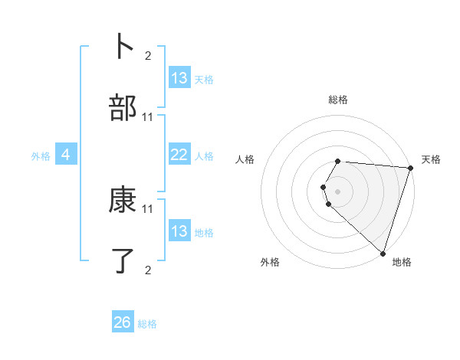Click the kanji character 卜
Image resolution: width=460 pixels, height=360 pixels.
click(x=123, y=46)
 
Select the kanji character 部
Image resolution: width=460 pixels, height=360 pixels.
click(x=123, y=109)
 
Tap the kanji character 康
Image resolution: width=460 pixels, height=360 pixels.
click(x=123, y=201)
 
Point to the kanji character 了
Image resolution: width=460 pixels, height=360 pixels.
click(x=123, y=261)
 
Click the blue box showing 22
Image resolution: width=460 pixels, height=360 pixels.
click(x=179, y=155)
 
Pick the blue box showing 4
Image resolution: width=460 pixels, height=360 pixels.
click(x=66, y=155)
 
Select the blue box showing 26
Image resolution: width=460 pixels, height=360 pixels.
click(x=123, y=322)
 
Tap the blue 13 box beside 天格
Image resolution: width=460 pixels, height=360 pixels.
click(x=179, y=78)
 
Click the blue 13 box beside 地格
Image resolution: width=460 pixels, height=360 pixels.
click(x=179, y=231)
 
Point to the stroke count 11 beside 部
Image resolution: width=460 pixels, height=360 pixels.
click(x=148, y=117)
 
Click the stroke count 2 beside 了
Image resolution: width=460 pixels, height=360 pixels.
click(x=148, y=270)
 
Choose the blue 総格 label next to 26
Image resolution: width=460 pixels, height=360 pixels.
click(x=147, y=324)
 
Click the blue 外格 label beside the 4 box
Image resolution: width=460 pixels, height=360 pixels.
click(x=41, y=155)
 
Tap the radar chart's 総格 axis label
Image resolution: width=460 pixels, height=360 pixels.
click(x=338, y=100)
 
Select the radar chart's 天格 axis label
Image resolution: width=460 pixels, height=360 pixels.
click(x=431, y=159)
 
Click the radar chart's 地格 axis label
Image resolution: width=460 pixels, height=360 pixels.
click(x=402, y=262)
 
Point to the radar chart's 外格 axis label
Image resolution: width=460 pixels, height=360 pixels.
click(x=270, y=262)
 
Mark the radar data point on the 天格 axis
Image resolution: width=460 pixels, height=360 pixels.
click(x=410, y=168)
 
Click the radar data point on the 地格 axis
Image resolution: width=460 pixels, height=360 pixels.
click(x=383, y=253)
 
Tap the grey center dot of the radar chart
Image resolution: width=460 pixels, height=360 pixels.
click(x=338, y=191)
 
